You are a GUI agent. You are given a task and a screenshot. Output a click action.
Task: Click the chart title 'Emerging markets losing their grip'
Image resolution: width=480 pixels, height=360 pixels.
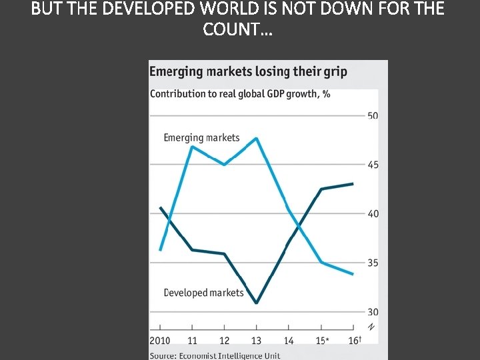pos(248,72)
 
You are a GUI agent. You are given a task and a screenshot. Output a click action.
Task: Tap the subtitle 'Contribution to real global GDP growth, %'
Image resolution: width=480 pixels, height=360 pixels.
pos(240,93)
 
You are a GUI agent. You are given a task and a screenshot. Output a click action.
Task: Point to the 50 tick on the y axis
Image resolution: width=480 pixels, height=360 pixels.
pos(373,115)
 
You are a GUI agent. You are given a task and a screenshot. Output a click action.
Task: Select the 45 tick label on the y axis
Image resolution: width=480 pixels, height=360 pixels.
pos(373,165)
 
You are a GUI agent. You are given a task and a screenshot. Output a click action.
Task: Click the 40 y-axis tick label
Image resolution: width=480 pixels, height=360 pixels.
pos(373,214)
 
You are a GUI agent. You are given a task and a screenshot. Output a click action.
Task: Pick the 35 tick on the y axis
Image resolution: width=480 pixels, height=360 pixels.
pos(373,263)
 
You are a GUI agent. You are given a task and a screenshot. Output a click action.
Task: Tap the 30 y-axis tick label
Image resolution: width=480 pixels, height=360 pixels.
pos(373,312)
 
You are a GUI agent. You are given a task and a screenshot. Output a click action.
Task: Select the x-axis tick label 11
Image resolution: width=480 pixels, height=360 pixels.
pos(193,341)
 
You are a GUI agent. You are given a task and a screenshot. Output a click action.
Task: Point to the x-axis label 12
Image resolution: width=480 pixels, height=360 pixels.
pos(225,341)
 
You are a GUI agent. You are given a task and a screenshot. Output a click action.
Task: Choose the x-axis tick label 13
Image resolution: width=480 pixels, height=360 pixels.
pos(257,341)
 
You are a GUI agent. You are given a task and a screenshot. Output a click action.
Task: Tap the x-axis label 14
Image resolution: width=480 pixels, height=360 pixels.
pos(289,341)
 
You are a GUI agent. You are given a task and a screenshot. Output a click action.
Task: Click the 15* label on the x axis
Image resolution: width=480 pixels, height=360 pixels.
pos(322,341)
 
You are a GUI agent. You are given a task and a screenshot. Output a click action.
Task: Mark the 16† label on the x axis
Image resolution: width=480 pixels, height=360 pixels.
pos(354,341)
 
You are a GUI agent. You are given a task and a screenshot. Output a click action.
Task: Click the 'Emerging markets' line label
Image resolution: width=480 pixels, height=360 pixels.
pos(201,138)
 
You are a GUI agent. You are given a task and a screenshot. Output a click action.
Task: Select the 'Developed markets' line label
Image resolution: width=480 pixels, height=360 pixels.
pos(203,293)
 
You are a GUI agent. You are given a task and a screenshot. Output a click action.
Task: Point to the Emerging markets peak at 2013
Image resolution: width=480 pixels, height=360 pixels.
pos(257,139)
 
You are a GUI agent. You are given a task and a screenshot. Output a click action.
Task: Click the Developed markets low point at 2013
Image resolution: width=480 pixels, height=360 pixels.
pos(257,303)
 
